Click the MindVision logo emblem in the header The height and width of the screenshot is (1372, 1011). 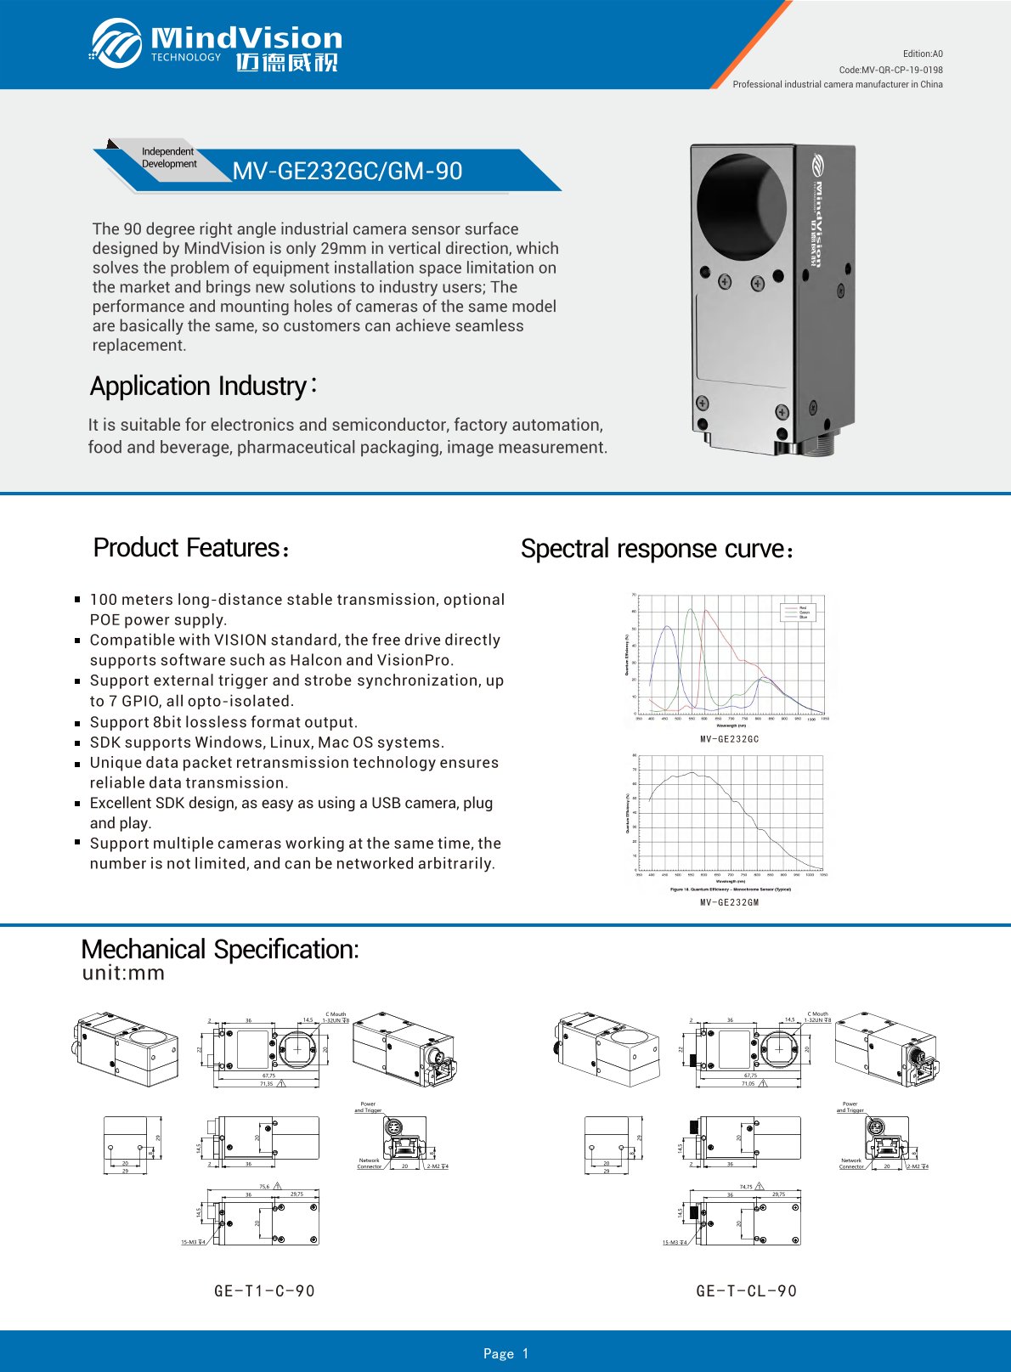[x=116, y=42]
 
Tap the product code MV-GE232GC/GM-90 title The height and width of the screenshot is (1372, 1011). [x=347, y=171]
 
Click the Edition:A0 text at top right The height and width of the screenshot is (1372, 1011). [x=923, y=54]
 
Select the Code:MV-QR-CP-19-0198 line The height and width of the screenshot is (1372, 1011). [x=890, y=70]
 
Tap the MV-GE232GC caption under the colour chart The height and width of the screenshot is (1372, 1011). [x=729, y=739]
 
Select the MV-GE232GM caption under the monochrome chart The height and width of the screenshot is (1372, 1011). [x=729, y=902]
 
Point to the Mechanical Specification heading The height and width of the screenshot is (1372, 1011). [x=220, y=949]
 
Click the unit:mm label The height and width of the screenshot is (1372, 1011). [x=123, y=974]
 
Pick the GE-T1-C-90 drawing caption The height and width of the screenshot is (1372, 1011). [x=264, y=1291]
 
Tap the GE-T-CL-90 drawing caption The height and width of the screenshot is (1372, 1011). [x=746, y=1291]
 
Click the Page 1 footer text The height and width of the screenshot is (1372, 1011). [x=505, y=1353]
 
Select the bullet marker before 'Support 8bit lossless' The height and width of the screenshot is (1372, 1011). [x=77, y=722]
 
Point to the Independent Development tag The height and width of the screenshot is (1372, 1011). [x=168, y=158]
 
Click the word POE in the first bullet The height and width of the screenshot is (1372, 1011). [x=104, y=620]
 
